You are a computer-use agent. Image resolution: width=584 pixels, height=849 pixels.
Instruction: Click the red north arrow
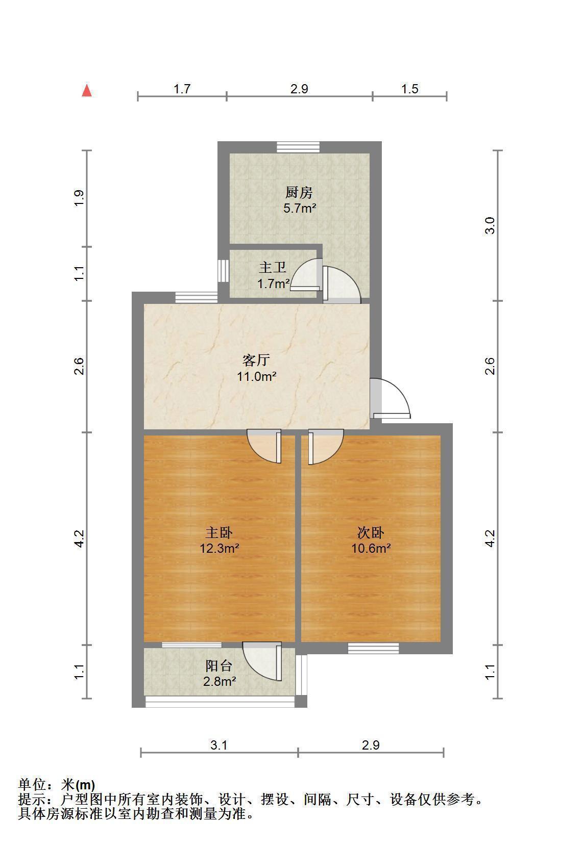tap(87, 91)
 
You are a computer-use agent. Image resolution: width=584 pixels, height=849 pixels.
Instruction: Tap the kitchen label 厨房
tap(299, 193)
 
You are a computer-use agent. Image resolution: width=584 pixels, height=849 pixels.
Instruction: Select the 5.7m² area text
tap(300, 208)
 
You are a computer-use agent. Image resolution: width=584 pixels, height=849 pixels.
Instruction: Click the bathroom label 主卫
tap(273, 267)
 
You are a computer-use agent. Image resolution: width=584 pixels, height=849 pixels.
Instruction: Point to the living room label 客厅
tap(256, 360)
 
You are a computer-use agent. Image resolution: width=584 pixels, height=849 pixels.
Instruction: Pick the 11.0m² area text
tap(256, 376)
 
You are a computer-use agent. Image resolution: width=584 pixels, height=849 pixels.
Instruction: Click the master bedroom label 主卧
tap(219, 532)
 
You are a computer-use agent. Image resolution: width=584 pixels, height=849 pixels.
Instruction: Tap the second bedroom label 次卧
tap(371, 532)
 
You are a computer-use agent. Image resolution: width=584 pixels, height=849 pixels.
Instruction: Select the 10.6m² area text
tap(371, 548)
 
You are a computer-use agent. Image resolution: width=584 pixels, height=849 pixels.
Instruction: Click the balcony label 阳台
tap(219, 666)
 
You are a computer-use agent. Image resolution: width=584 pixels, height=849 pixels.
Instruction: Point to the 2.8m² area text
tap(220, 681)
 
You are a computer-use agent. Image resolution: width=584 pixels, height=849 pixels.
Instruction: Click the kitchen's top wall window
tap(298, 147)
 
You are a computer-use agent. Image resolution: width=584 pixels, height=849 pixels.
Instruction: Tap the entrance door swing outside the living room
tap(390, 398)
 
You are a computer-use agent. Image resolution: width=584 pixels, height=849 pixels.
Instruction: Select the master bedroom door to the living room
tap(264, 446)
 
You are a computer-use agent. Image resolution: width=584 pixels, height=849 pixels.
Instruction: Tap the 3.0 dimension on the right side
tap(490, 225)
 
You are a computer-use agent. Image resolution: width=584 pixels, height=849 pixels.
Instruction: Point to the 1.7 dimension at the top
tap(182, 89)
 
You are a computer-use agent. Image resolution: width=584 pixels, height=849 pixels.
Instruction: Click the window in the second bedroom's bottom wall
tap(373, 648)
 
